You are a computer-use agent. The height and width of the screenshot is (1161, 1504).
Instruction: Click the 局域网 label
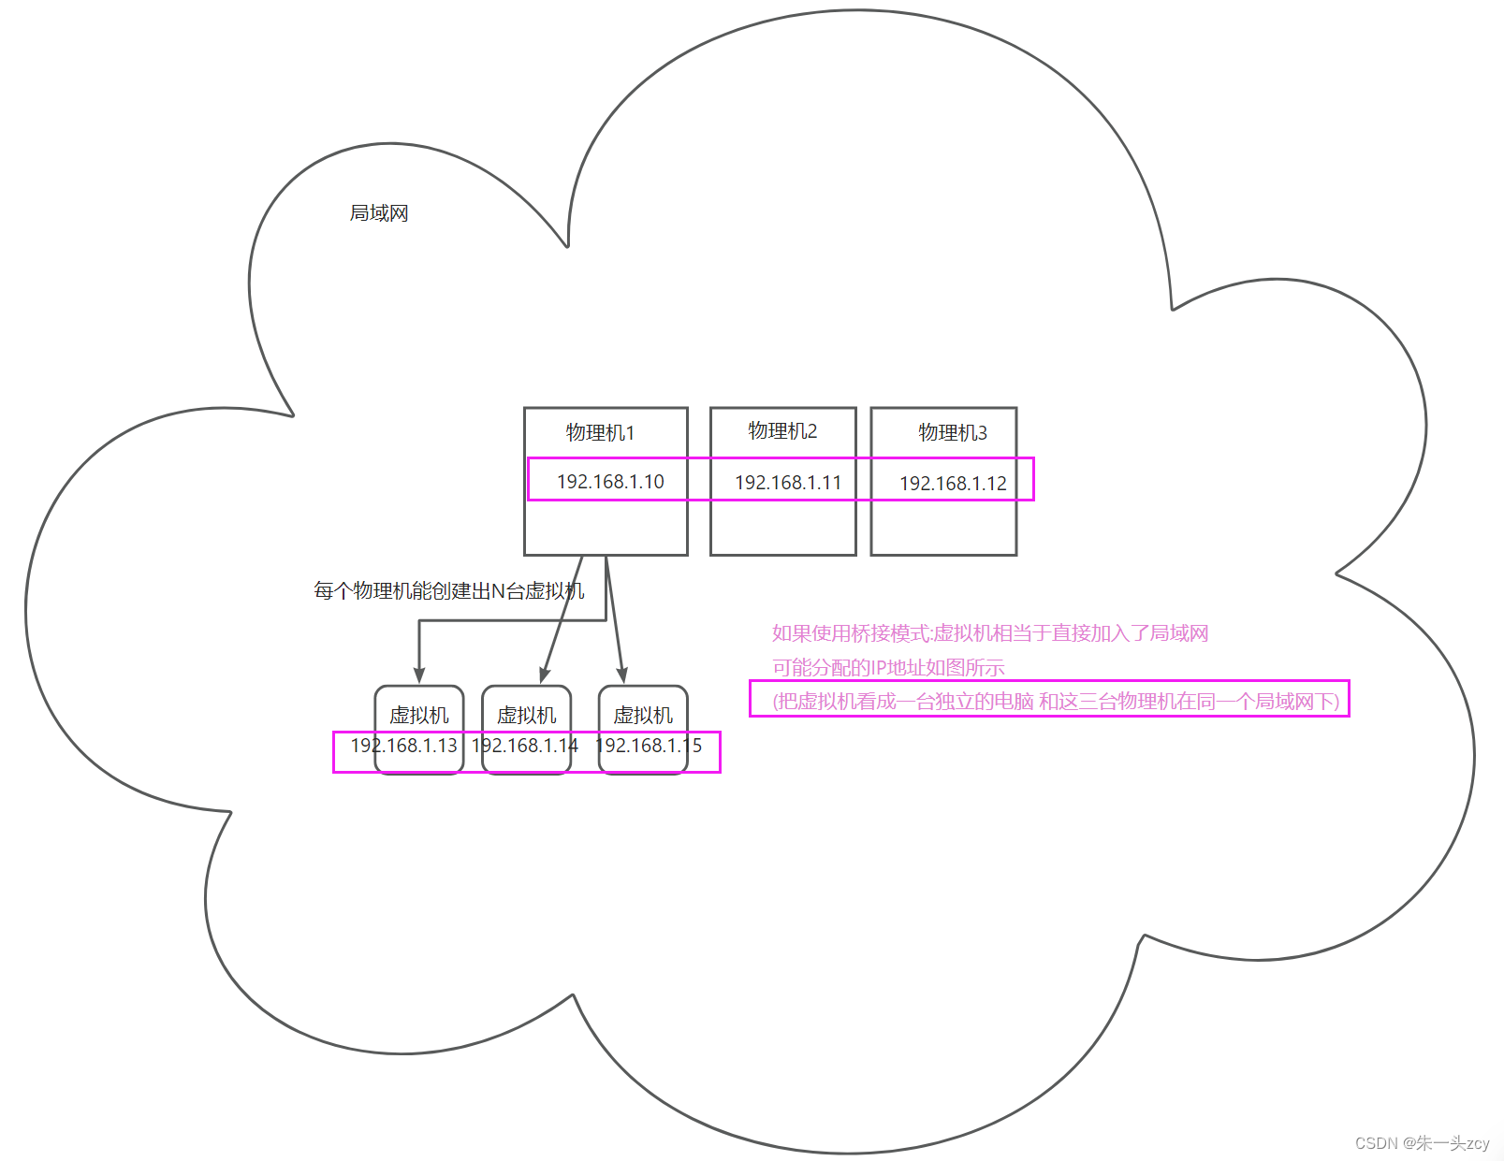click(379, 213)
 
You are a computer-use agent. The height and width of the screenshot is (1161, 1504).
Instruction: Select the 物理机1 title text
click(600, 432)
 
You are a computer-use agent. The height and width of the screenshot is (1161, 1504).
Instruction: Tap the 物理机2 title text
click(782, 430)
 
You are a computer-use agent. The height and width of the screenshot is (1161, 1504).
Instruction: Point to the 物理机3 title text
click(952, 432)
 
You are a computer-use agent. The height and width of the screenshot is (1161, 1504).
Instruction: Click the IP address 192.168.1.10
click(610, 482)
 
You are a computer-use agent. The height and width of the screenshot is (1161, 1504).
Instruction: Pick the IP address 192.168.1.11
click(788, 483)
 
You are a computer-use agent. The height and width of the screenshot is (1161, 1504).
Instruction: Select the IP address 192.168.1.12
click(953, 484)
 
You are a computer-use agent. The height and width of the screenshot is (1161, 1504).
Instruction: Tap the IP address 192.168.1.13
click(403, 746)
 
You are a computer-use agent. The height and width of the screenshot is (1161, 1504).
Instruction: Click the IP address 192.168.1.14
click(525, 746)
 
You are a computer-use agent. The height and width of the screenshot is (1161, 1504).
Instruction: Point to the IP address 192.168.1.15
click(649, 746)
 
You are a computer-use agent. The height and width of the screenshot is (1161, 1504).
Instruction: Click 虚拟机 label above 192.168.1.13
click(419, 716)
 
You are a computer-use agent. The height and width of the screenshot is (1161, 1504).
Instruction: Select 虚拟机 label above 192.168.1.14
click(526, 716)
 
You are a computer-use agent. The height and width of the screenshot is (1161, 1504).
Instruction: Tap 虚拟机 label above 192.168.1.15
click(643, 716)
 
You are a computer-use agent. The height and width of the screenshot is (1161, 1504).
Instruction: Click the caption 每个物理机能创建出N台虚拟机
click(448, 591)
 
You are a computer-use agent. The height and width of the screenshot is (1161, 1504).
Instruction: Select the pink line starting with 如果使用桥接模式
click(990, 633)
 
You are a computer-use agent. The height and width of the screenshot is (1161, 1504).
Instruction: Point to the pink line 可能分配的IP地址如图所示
click(888, 668)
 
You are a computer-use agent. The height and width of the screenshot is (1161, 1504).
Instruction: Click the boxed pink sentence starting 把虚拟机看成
click(1056, 702)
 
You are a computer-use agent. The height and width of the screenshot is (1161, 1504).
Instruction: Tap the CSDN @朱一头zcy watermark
click(1422, 1143)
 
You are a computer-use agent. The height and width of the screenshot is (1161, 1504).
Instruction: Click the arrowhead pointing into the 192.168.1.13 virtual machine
click(419, 675)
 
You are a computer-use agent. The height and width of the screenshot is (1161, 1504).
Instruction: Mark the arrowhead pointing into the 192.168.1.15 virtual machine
click(621, 675)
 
